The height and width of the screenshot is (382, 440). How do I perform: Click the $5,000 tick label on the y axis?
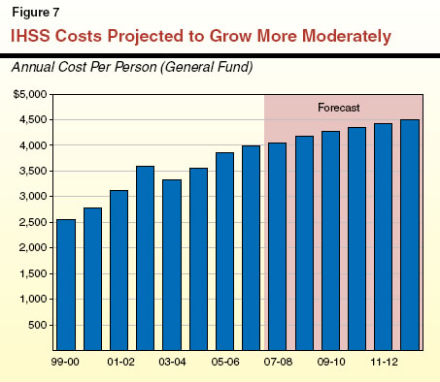coord(32,94)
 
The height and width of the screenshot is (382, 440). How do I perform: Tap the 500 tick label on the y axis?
coord(40,324)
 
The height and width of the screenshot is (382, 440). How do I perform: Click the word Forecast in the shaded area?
coord(342,106)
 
